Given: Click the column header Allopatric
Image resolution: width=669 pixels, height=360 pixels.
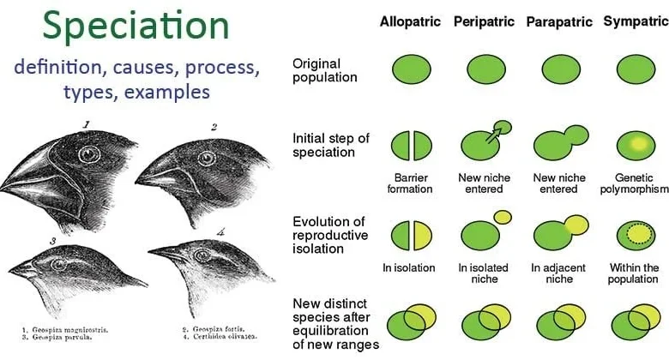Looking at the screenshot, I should (410, 21).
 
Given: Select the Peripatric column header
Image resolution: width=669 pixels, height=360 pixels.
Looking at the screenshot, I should (484, 21).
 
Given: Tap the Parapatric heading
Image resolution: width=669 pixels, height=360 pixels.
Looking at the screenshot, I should (558, 21).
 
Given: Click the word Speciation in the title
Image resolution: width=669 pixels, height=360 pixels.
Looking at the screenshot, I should (136, 26).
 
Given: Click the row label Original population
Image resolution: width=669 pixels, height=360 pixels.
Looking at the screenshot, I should (325, 70).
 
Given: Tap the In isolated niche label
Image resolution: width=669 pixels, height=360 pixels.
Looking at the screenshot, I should (484, 273).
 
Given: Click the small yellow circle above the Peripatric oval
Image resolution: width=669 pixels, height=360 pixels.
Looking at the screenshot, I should (503, 217).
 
